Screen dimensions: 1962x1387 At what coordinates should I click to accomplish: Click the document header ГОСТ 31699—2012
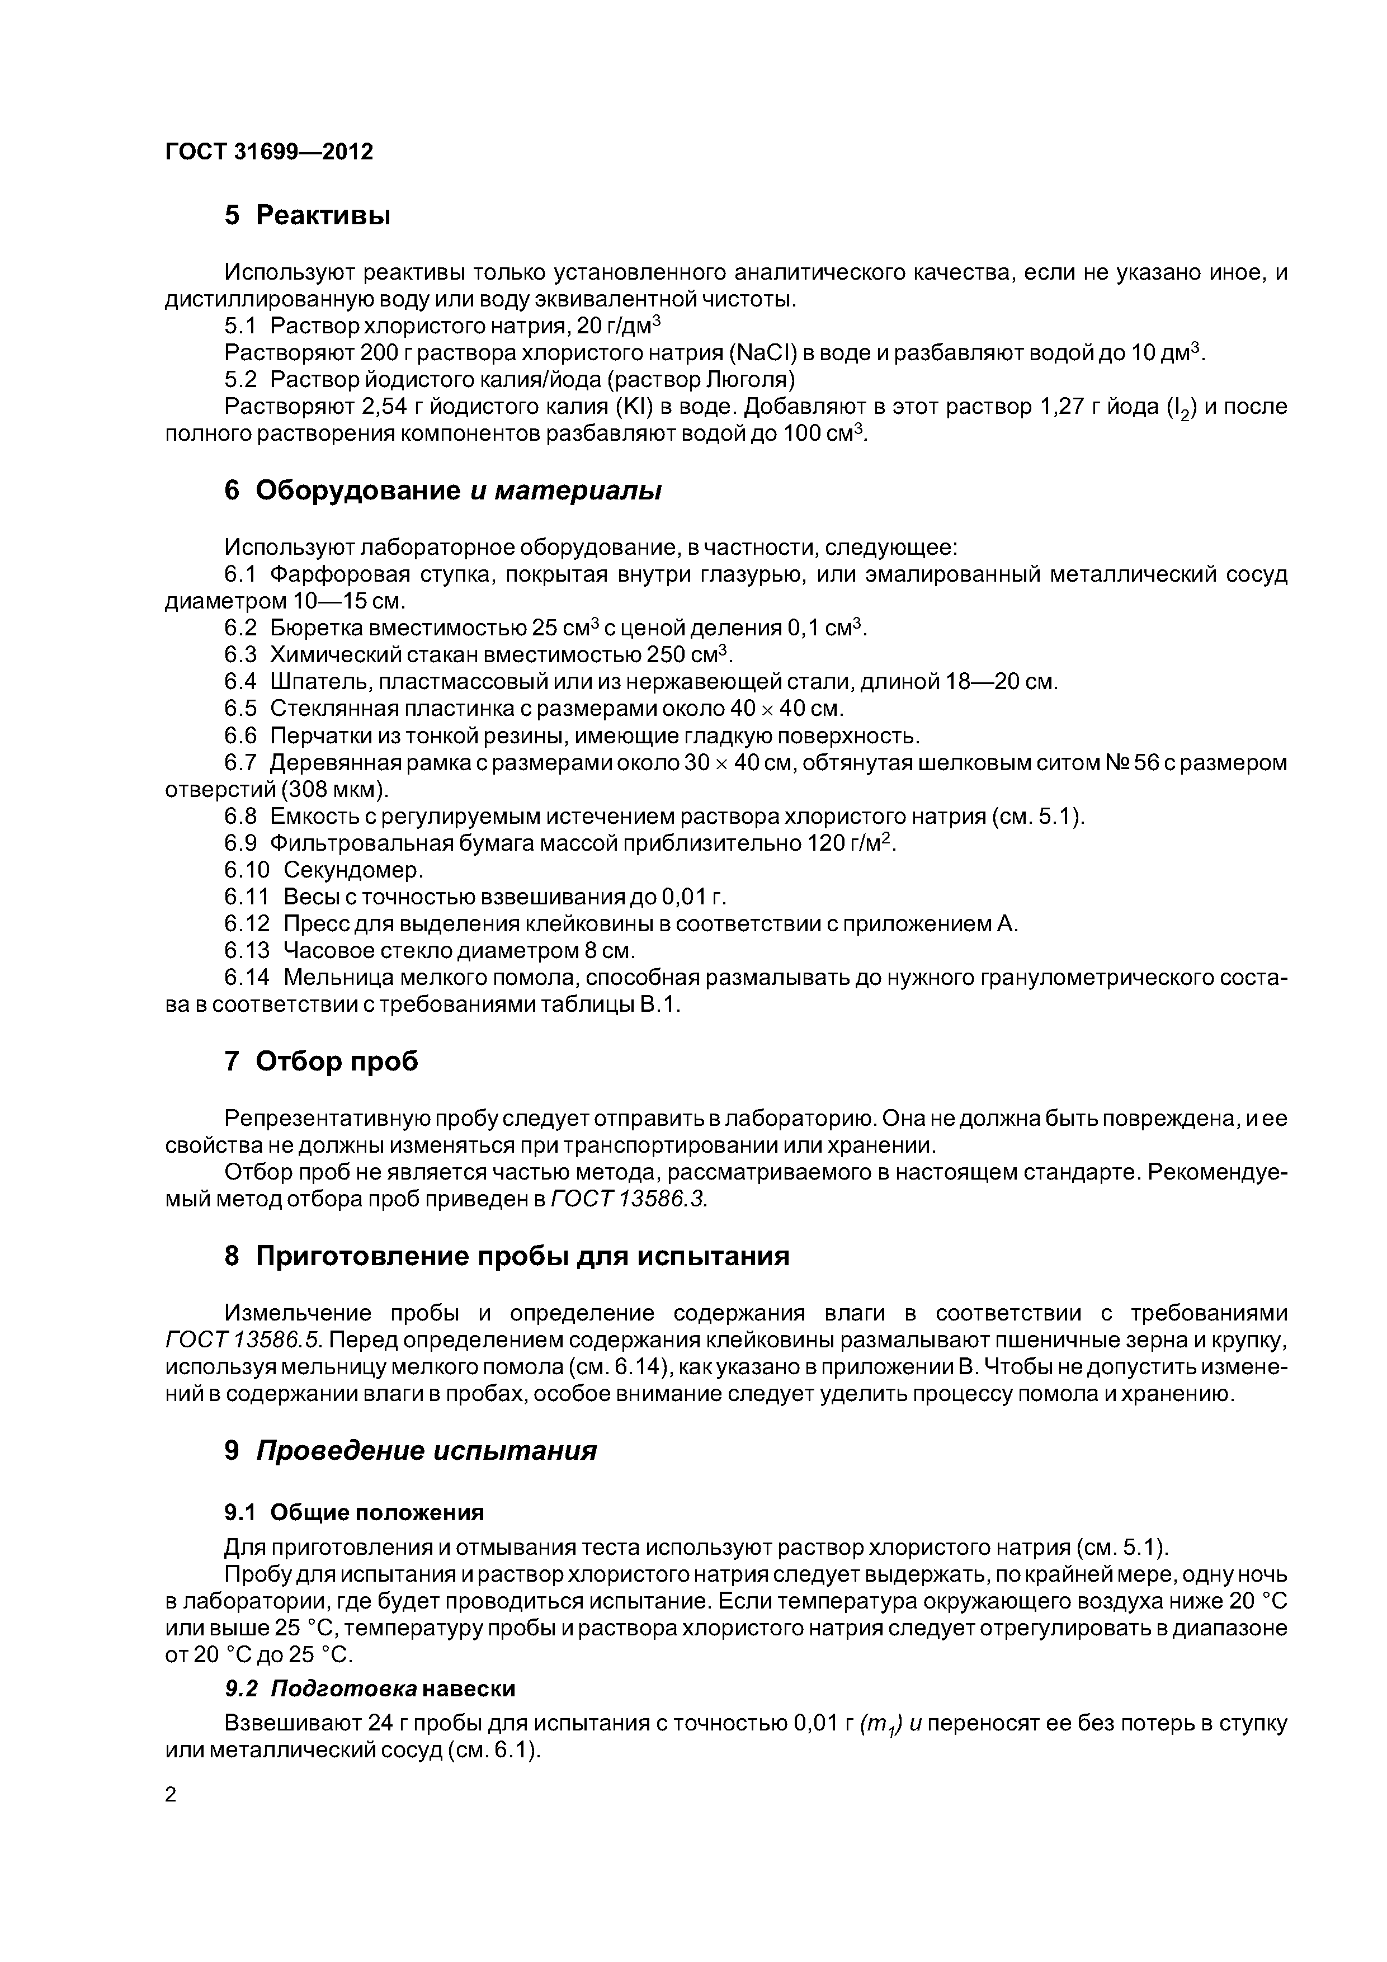pos(268,152)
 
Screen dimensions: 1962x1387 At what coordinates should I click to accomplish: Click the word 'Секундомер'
pos(353,870)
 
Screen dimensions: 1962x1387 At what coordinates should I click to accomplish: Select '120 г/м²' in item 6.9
pos(850,843)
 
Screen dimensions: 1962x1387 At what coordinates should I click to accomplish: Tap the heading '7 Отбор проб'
pos(322,1062)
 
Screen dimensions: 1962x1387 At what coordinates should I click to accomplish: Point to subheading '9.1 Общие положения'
pos(354,1512)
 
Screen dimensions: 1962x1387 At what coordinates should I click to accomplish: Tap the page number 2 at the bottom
pos(171,1795)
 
